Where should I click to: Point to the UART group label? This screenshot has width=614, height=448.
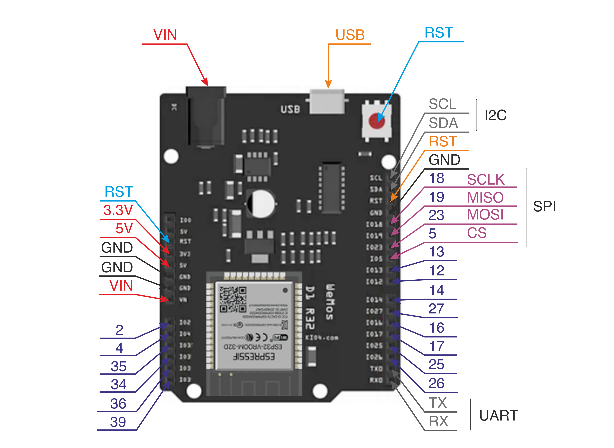point(498,415)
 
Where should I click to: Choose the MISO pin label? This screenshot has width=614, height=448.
point(485,197)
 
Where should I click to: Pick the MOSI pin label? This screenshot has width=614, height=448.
point(485,215)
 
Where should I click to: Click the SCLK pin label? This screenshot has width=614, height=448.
point(486,180)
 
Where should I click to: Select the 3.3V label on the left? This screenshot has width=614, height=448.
point(118,210)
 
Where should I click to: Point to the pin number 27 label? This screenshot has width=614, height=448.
point(436,309)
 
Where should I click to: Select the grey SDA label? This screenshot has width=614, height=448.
point(443,123)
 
